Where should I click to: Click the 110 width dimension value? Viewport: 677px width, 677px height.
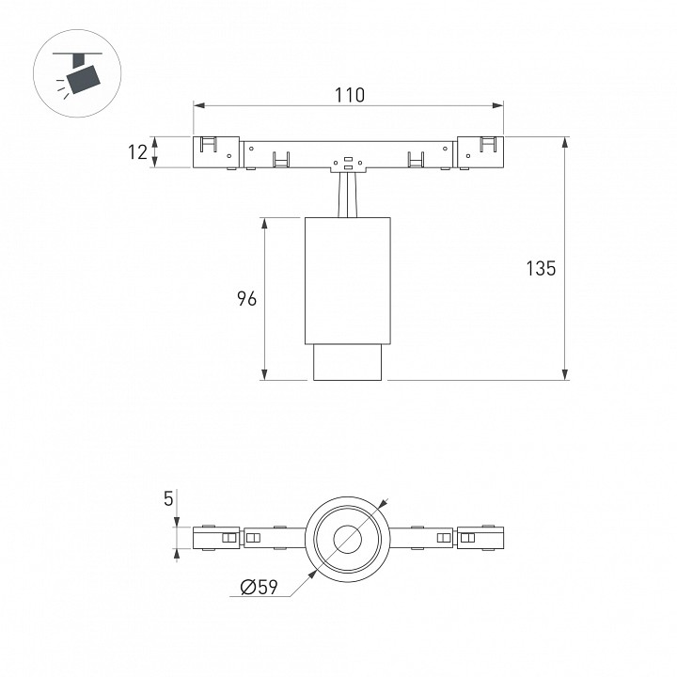350,95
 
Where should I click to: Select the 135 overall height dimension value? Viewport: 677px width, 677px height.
541,269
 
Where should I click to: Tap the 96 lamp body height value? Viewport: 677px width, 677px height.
247,299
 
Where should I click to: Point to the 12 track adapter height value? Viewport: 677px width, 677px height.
137,152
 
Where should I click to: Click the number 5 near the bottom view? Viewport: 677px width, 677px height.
168,498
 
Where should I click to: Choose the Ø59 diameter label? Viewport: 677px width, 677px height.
260,587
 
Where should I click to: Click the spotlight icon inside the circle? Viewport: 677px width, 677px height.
78,73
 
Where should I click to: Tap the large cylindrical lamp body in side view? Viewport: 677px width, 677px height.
348,280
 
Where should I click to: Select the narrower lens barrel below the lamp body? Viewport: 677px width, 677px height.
348,363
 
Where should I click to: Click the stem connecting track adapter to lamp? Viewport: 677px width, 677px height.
348,195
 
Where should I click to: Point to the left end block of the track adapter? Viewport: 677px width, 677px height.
216,152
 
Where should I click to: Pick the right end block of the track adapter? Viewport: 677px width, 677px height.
480,152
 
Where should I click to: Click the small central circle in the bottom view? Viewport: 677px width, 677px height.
348,539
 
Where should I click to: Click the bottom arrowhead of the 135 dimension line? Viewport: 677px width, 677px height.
565,375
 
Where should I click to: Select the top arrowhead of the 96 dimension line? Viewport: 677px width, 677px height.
264,223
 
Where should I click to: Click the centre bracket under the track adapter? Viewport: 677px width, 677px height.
348,165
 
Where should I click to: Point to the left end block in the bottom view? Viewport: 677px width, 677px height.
216,538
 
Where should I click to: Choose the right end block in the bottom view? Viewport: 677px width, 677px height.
480,538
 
